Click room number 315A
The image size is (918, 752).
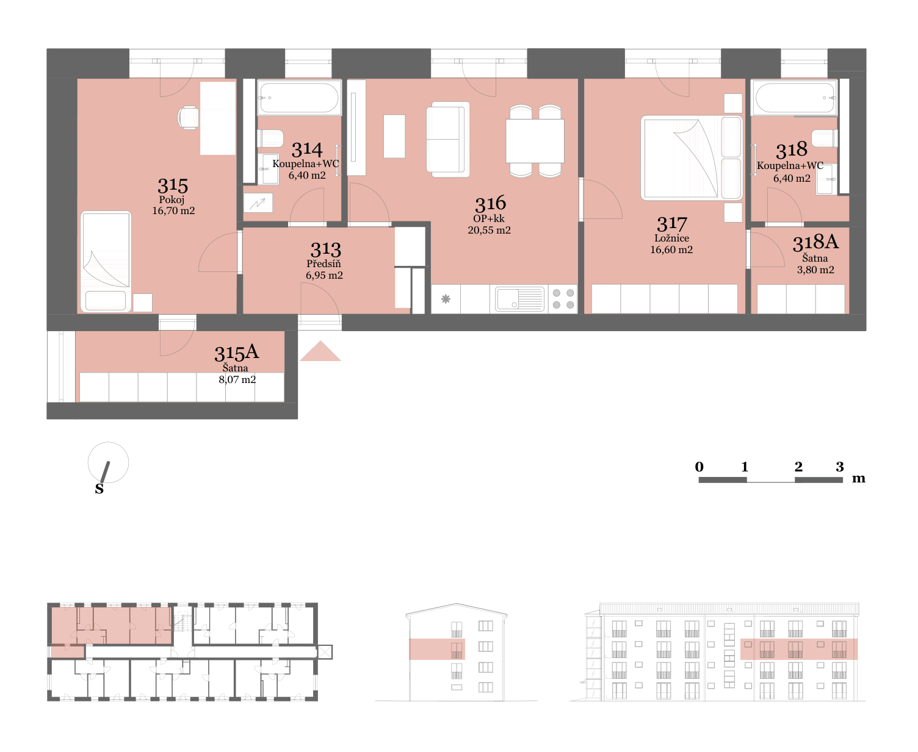click(x=236, y=353)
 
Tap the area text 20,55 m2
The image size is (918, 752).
click(x=489, y=230)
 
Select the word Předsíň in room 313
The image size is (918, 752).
click(x=323, y=263)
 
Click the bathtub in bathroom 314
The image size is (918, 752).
click(x=299, y=98)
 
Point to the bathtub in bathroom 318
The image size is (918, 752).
click(x=794, y=98)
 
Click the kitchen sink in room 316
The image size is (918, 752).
click(x=519, y=299)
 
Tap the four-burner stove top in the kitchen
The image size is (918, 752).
click(x=563, y=299)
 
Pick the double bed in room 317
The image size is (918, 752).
click(x=692, y=158)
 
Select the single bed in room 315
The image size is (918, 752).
click(x=106, y=262)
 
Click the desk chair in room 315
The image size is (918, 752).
click(x=188, y=118)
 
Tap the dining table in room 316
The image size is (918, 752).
click(x=535, y=141)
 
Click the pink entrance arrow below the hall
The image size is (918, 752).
click(x=320, y=351)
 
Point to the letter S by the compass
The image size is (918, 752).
click(x=99, y=489)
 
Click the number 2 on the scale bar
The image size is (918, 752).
click(x=798, y=467)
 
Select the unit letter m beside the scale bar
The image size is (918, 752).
click(x=858, y=479)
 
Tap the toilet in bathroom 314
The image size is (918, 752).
click(x=270, y=138)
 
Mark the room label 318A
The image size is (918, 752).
click(x=815, y=242)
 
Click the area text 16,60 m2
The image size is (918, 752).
click(x=671, y=249)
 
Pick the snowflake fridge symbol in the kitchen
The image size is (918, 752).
click(x=446, y=299)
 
